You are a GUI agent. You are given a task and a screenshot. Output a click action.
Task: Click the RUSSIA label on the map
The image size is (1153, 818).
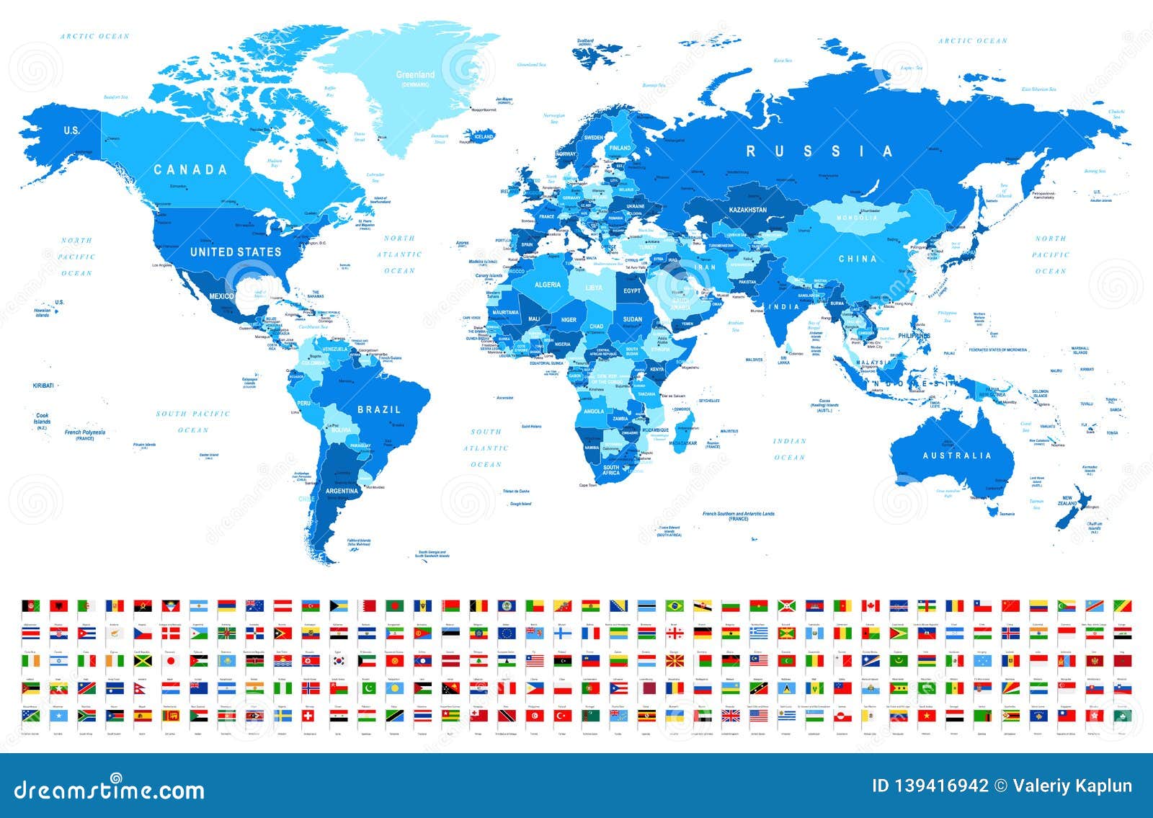(x=819, y=151)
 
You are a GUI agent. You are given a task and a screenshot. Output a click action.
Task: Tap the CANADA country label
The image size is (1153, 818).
(x=190, y=170)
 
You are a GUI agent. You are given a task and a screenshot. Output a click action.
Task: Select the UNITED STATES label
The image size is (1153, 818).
(x=235, y=252)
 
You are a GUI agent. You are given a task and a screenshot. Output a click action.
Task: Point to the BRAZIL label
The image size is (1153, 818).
(x=379, y=409)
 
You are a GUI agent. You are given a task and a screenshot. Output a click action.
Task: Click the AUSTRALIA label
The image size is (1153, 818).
(x=958, y=455)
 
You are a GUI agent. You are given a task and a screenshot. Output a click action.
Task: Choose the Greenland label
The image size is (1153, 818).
(x=415, y=75)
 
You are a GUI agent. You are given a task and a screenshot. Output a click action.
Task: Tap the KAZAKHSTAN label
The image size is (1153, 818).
(x=748, y=210)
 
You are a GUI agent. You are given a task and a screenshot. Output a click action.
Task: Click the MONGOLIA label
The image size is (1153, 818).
(x=857, y=218)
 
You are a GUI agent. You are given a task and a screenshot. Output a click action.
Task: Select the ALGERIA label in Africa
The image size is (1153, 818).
(x=547, y=285)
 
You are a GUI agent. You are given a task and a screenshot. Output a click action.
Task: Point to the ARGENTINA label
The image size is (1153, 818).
(x=342, y=491)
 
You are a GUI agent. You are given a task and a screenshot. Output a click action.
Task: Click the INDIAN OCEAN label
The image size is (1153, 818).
(x=789, y=449)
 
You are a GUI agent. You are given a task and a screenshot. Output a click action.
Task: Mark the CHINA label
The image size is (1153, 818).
(x=858, y=259)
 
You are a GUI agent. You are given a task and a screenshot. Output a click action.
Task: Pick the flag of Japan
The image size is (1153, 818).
(x=172, y=660)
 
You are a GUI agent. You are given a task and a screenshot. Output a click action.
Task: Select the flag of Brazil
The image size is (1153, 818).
(x=675, y=606)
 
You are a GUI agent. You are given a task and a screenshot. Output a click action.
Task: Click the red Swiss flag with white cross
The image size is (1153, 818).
(x=309, y=716)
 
